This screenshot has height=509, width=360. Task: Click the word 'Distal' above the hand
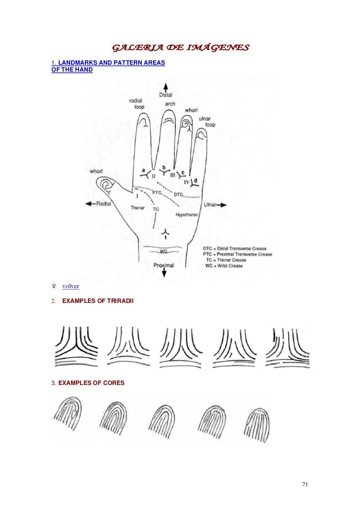point(166,95)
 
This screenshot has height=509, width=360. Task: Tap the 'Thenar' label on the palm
point(137,208)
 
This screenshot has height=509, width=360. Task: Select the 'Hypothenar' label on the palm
point(187,215)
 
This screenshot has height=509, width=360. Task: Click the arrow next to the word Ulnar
point(224,204)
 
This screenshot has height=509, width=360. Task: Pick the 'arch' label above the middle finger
point(170,104)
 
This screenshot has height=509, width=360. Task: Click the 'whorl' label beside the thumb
point(96,171)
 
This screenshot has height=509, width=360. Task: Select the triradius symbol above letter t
point(166,232)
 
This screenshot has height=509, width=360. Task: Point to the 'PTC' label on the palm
point(157,192)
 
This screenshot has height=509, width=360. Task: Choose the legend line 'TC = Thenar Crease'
point(234,260)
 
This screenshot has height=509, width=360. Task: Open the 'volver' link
point(71,286)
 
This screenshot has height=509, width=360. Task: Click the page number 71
point(305,484)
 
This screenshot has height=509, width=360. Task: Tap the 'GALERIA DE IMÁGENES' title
point(180,48)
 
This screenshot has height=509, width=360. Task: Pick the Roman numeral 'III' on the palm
point(173,175)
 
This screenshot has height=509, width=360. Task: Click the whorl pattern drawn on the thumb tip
point(106,186)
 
